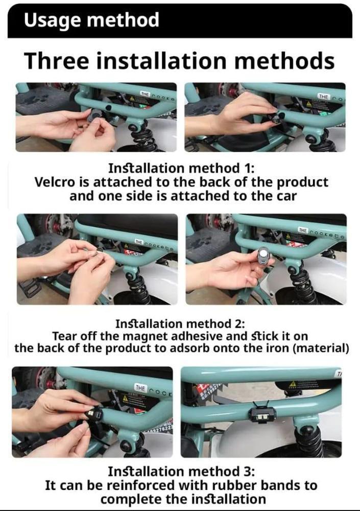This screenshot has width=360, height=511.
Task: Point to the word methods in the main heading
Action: point(284,61)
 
